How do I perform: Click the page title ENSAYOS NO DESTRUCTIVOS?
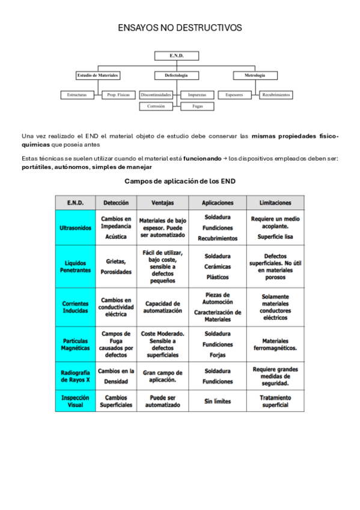pos(180,28)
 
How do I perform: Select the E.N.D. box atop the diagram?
pos(176,56)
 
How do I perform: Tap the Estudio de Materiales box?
pos(97,76)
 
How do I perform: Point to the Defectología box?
pos(176,76)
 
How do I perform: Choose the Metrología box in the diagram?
pos(254,76)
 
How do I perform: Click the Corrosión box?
pos(156,106)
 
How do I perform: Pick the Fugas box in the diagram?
pos(197,106)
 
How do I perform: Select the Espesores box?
pos(234,95)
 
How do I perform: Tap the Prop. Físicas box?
pos(118,95)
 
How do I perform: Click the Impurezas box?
pos(197,95)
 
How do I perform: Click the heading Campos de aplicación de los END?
pos(180,181)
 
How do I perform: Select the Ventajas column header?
pos(163,203)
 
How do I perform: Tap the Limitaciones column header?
pos(275,203)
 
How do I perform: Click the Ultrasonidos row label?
pos(75,229)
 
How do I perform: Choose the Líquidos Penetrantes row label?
pos(75,266)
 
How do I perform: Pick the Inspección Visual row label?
pos(75,401)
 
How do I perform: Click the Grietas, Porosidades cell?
pos(116,266)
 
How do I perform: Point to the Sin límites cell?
pos(218,401)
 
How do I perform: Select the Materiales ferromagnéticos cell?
pos(275,344)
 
